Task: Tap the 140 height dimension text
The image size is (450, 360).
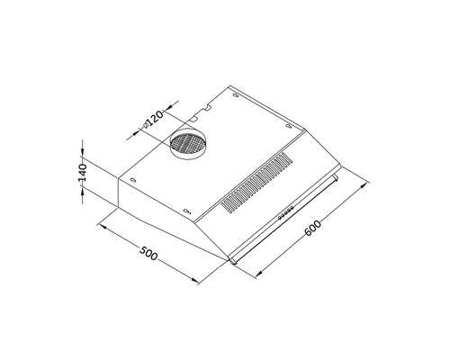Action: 82,174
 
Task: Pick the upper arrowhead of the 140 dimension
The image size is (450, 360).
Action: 84,143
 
